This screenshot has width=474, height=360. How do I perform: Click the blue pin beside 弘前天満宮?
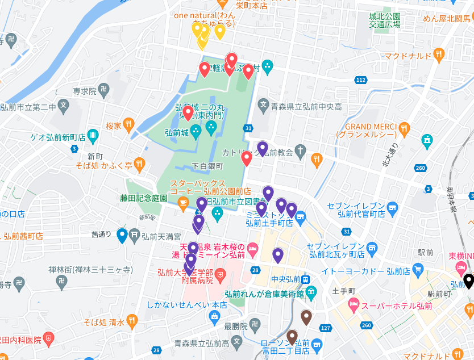[122, 235]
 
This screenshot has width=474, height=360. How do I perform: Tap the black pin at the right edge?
[468, 281]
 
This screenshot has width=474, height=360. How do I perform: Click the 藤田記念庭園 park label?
[143, 198]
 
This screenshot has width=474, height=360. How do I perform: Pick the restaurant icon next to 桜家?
[130, 125]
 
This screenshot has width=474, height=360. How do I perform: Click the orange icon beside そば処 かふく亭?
[140, 165]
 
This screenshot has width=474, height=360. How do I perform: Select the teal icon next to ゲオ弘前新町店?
[94, 137]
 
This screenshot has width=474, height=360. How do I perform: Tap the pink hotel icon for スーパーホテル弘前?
[353, 306]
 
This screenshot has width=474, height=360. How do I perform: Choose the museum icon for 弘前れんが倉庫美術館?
[311, 294]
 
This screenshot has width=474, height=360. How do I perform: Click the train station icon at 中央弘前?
[306, 279]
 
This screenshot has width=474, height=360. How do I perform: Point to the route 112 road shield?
[360, 80]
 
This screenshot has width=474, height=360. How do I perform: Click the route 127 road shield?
[326, 328]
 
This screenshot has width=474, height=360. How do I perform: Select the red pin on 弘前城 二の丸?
[188, 112]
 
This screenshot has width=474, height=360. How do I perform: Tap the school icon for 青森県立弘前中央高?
[263, 106]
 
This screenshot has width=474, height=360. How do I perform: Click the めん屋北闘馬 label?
[446, 19]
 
